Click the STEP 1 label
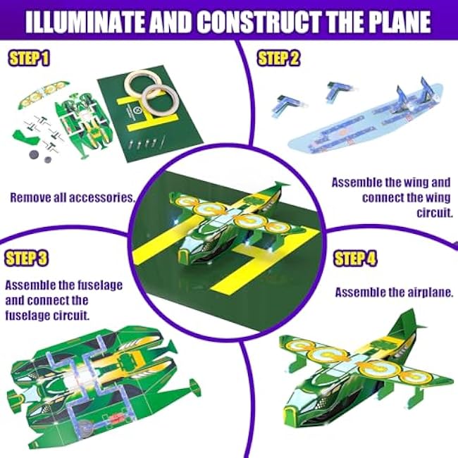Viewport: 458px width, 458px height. (x=29, y=58)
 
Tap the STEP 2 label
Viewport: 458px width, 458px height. (x=278, y=58)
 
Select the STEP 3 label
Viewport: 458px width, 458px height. (x=27, y=259)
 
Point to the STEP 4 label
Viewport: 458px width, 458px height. (x=355, y=259)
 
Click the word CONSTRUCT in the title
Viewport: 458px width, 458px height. (x=258, y=22)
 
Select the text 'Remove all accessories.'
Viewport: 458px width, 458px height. (x=73, y=198)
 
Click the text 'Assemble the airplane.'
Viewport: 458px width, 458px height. (x=394, y=292)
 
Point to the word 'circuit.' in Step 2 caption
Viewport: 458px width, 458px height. (x=435, y=213)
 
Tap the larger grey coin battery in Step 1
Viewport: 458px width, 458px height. (x=35, y=154)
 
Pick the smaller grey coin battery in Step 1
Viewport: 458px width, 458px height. (x=47, y=160)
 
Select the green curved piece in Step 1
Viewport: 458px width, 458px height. (x=25, y=138)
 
